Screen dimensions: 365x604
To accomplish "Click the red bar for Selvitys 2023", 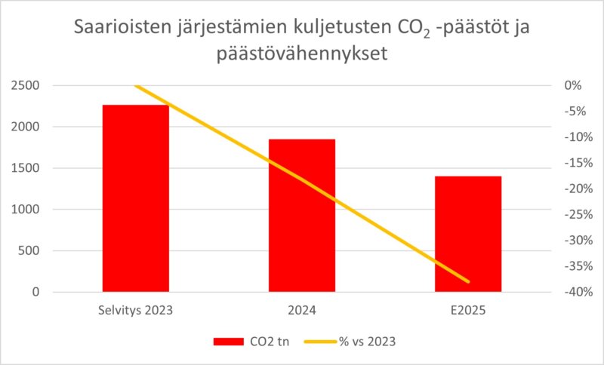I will click(136, 198).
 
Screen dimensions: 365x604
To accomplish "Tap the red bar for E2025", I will click(468, 234).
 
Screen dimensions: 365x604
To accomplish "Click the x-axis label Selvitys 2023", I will click(136, 310).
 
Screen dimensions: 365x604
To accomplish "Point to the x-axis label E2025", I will click(468, 310).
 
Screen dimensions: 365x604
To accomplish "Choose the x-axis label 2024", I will click(302, 310).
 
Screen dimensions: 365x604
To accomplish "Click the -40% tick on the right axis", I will click(575, 293).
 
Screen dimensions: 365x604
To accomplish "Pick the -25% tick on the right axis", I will click(575, 215).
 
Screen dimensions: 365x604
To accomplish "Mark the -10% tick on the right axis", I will click(575, 137).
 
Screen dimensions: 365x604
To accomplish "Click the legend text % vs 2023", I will click(370, 342).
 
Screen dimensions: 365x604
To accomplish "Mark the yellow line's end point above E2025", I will click(469, 282).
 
